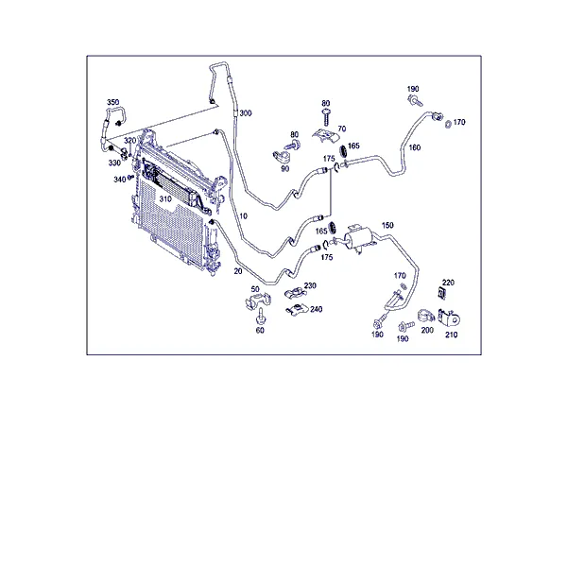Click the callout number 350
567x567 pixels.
[112, 102]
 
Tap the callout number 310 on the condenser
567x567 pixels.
[165, 199]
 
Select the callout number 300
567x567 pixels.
[246, 113]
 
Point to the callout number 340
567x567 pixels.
[120, 180]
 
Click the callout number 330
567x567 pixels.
[114, 163]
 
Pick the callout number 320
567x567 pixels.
[129, 140]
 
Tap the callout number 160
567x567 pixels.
[415, 147]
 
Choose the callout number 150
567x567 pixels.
[387, 225]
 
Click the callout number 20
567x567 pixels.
[238, 271]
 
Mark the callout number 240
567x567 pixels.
[316, 310]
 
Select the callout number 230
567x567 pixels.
[310, 286]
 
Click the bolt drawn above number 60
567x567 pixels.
[260, 318]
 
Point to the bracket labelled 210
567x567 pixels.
[450, 318]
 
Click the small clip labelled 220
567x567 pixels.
[441, 293]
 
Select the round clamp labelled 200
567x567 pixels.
[426, 316]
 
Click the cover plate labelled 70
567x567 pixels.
[325, 135]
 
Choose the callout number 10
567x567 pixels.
[244, 216]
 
